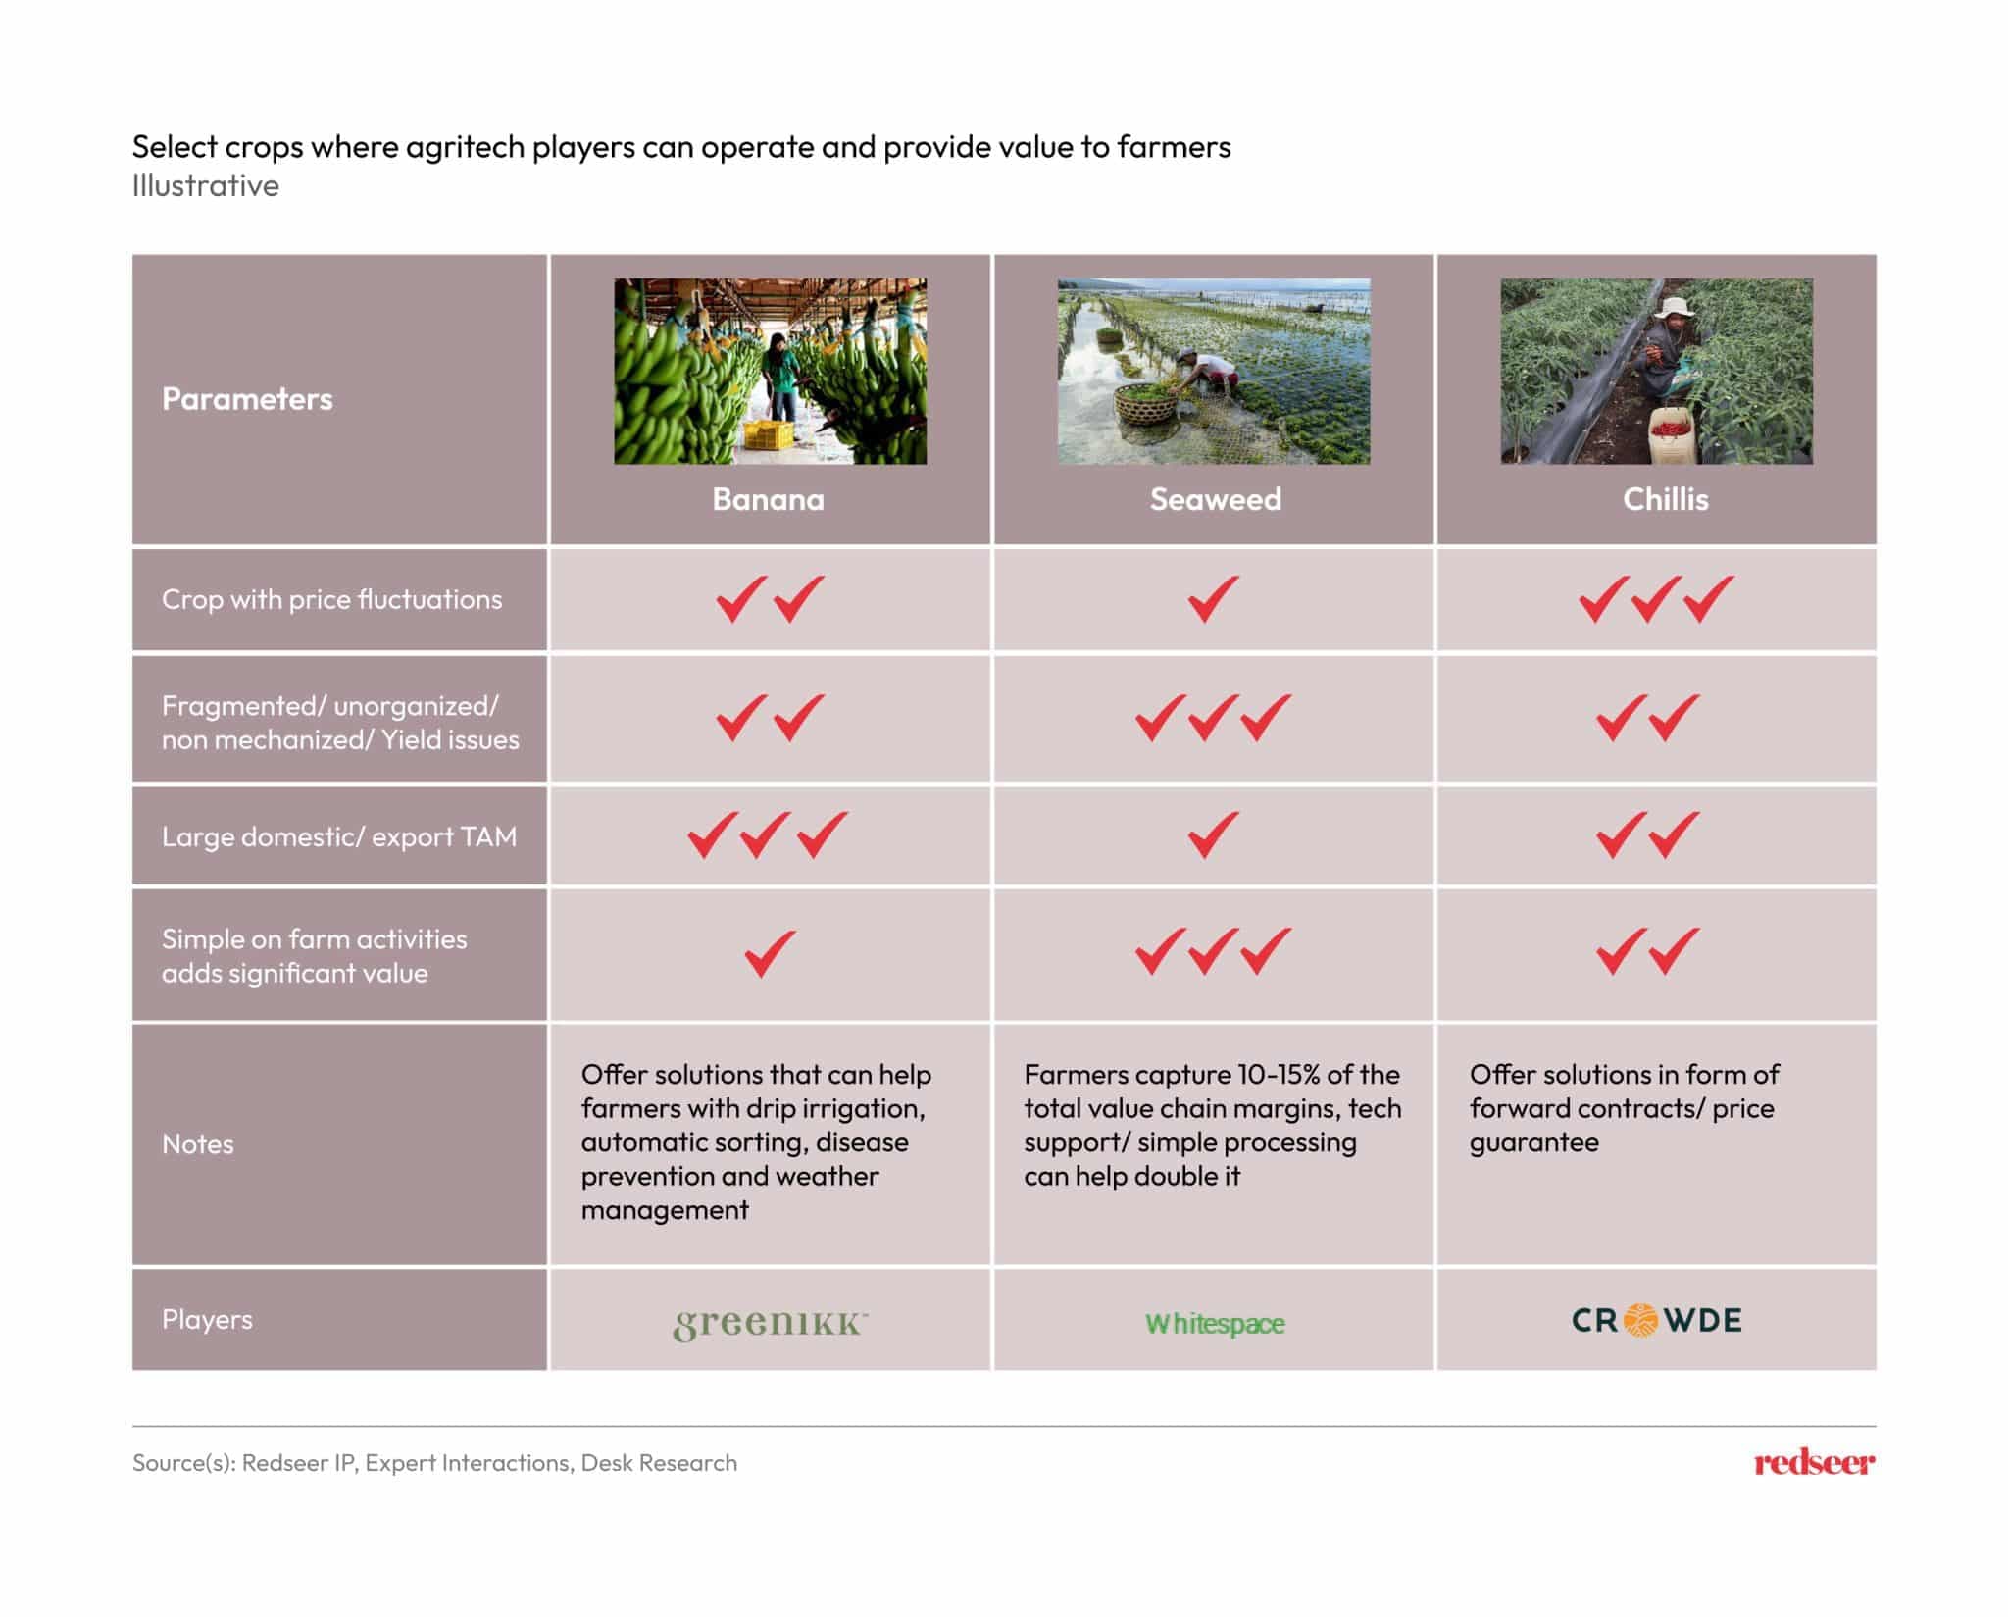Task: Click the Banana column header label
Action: [x=768, y=499]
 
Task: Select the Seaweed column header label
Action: [x=1215, y=499]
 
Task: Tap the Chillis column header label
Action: [x=1665, y=499]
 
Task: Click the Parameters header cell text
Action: [x=247, y=399]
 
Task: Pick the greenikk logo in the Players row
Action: [x=770, y=1323]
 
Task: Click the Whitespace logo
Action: [x=1215, y=1323]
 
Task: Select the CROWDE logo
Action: [x=1657, y=1320]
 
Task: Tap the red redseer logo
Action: [x=1814, y=1463]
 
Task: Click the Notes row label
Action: [x=198, y=1144]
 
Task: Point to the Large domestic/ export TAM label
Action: [x=339, y=836]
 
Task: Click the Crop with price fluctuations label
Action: [x=331, y=599]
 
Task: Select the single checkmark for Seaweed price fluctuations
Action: [x=1214, y=598]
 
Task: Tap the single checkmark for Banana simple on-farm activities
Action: [x=770, y=953]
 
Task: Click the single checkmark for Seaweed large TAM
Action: [x=1214, y=835]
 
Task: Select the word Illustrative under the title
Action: [x=206, y=186]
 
